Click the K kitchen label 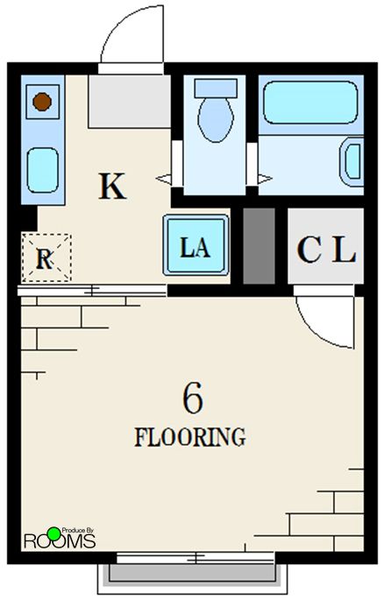[x=112, y=186]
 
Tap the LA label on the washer [x=196, y=247]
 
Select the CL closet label [x=326, y=250]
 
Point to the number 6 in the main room [x=193, y=398]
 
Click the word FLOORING [x=190, y=437]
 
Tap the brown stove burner [x=42, y=102]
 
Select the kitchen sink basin [x=42, y=170]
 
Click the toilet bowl [x=216, y=120]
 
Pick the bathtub [x=310, y=102]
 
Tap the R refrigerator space [x=46, y=258]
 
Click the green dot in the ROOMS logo [x=54, y=533]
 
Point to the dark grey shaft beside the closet [x=260, y=246]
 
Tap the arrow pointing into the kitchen [x=163, y=179]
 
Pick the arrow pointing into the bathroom [x=265, y=179]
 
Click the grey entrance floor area [x=130, y=102]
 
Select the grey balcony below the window [x=192, y=573]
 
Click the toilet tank [x=216, y=88]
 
